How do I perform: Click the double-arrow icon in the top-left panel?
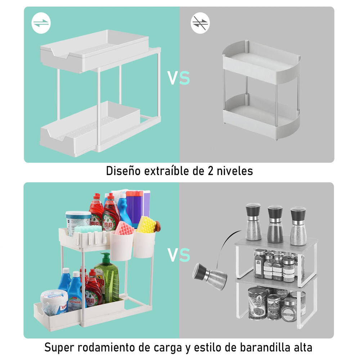click(41, 23)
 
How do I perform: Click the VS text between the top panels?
click(179, 78)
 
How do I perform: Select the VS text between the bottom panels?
click(179, 255)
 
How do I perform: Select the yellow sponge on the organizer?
click(146, 224)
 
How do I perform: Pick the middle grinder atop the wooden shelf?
click(275, 224)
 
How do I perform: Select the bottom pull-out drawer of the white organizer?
click(90, 133)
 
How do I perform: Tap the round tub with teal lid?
click(78, 221)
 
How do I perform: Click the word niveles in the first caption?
click(235, 171)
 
